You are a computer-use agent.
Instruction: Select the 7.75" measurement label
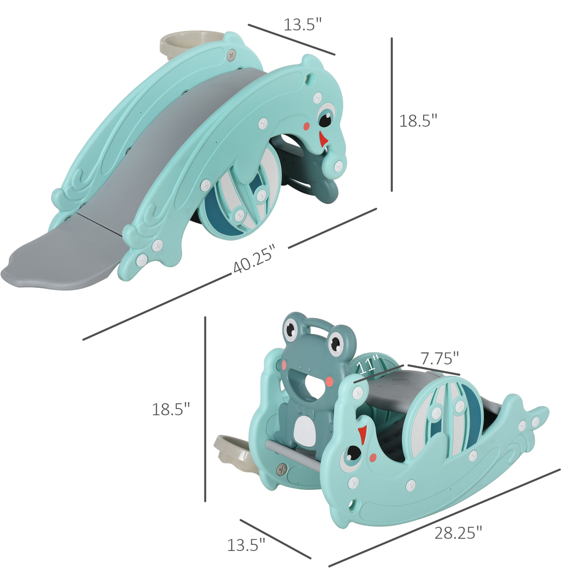pyautogui.click(x=439, y=358)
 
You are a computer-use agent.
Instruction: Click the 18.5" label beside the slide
pyautogui.click(x=418, y=121)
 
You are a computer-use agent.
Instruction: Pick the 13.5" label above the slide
pyautogui.click(x=303, y=24)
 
